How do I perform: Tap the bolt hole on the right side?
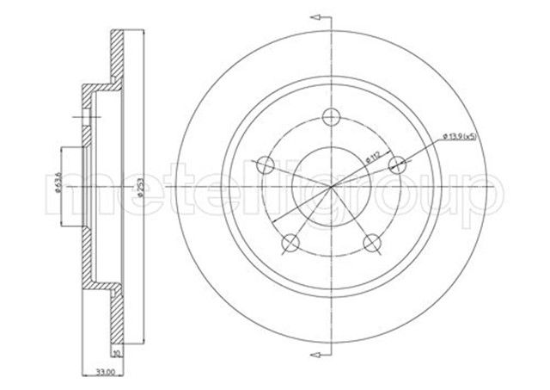tap(397, 164)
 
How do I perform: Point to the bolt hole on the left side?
tap(266, 164)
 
